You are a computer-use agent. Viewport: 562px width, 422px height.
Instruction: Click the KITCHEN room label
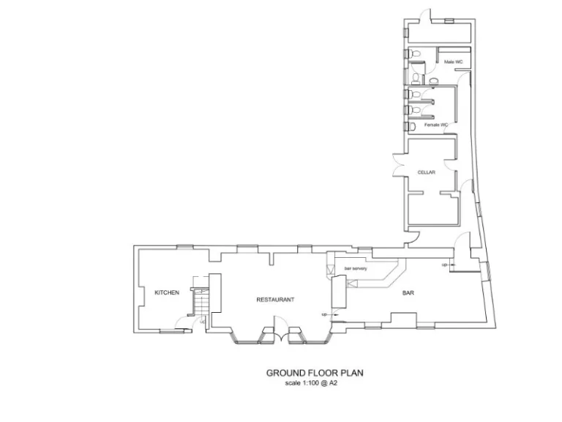167,292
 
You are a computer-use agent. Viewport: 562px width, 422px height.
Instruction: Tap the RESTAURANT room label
275,300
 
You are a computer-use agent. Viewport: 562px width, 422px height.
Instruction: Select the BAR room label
409,294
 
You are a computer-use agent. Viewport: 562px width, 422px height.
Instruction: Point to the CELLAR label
427,172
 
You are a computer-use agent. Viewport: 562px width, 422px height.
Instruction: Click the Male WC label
453,62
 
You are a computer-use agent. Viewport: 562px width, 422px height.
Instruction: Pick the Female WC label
436,125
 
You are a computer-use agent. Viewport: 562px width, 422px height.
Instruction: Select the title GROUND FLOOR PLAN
315,373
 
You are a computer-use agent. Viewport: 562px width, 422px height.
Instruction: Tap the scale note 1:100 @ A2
315,383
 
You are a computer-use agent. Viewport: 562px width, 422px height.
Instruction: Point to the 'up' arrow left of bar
325,314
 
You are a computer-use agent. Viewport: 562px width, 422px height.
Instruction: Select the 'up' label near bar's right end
444,264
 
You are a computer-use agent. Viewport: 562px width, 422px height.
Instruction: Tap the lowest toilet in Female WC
413,127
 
